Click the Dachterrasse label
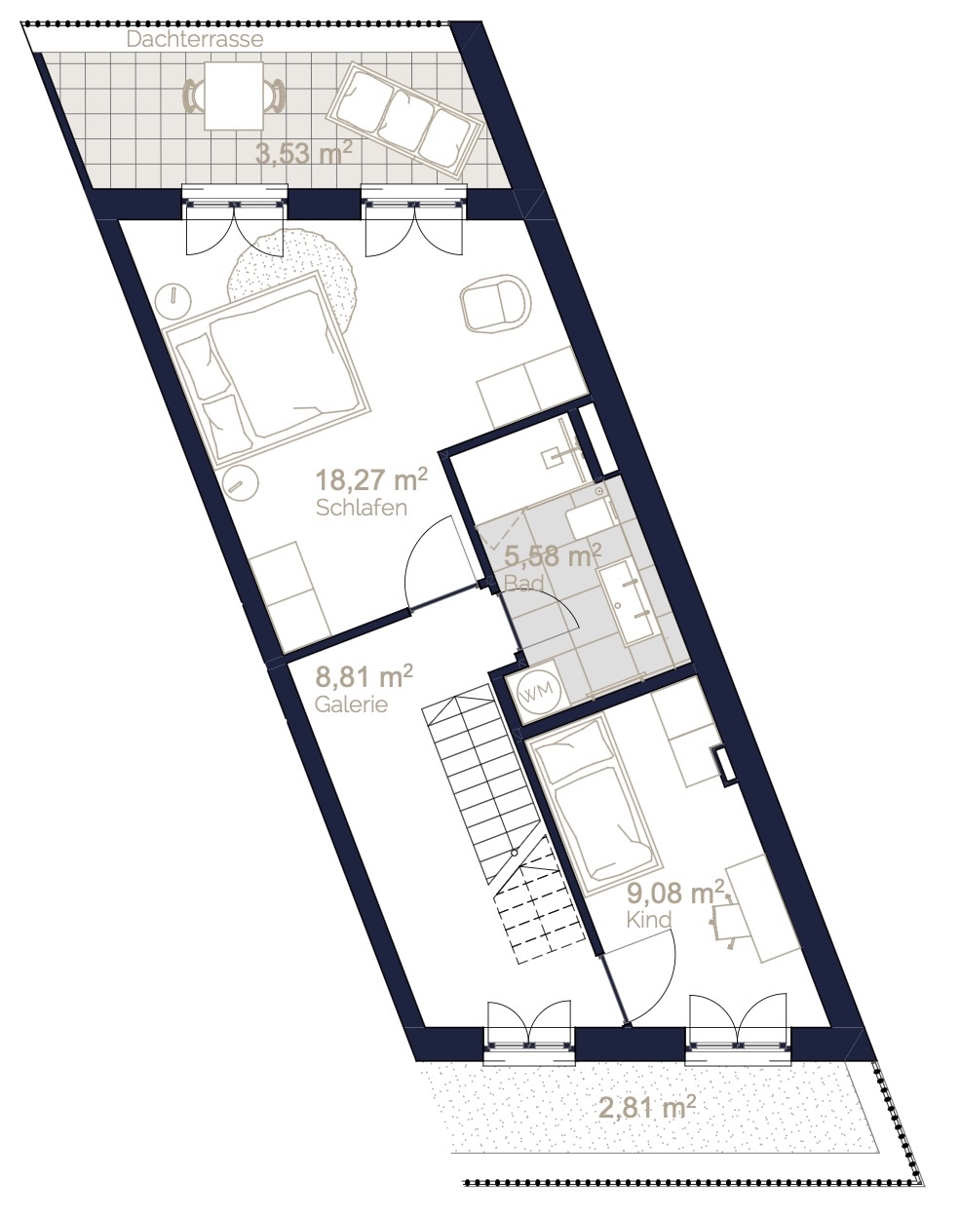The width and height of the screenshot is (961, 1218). [195, 40]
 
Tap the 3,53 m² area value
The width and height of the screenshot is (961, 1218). [304, 153]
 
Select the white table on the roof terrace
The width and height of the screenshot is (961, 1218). [233, 95]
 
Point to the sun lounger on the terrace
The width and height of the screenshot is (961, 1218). [404, 122]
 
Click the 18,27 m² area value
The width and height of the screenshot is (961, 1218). [371, 480]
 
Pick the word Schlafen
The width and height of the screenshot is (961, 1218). [362, 509]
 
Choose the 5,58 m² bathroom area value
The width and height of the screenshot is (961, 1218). [553, 556]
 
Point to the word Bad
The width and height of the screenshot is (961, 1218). [523, 583]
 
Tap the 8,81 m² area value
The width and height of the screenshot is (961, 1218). [364, 676]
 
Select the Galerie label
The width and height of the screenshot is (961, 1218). [351, 704]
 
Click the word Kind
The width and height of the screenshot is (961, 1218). [648, 920]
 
